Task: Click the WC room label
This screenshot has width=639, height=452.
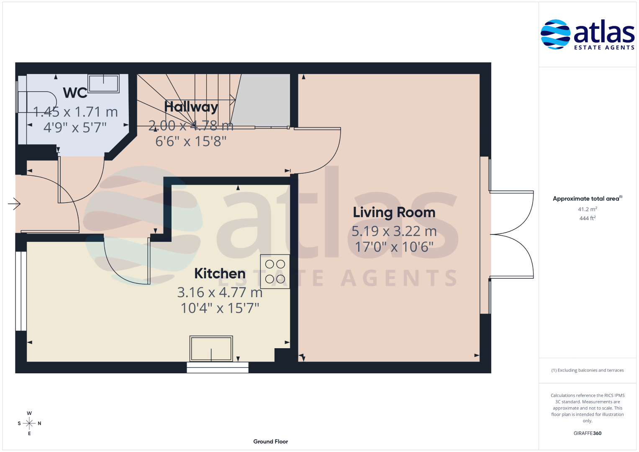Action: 75,93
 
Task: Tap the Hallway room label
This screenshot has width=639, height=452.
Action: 191,107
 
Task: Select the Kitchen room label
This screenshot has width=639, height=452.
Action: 220,273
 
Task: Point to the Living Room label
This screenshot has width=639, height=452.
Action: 394,213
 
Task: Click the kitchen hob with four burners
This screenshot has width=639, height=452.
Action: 275,271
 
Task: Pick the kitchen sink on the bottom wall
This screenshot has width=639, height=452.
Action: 211,348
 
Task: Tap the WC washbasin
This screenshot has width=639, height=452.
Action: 103,84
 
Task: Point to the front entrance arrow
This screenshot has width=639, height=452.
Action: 14,204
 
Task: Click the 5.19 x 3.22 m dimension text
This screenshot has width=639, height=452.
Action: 394,231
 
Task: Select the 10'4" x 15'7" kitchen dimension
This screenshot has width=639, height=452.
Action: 220,308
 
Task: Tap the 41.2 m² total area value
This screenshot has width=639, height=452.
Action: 588,209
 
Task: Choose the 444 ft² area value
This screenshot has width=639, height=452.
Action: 588,218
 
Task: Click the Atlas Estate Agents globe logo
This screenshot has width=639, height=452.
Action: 555,34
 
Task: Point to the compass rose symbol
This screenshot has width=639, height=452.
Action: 29,423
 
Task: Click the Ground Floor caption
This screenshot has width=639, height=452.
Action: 270,442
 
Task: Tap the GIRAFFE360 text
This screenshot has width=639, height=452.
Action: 588,433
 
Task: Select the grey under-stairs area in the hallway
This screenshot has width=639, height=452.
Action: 262,100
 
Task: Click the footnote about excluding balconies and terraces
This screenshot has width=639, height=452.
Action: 588,370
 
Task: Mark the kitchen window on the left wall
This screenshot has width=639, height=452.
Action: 21,291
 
